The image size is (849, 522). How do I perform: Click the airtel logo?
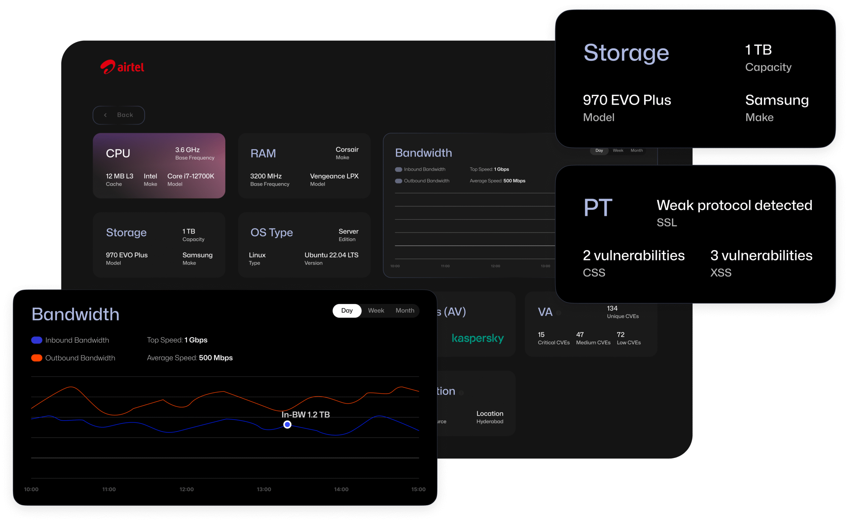[x=122, y=67]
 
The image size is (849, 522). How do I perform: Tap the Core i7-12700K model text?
[x=191, y=176]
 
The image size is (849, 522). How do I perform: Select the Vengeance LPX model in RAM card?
[x=334, y=176]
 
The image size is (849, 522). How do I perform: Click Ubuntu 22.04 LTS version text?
[x=331, y=255]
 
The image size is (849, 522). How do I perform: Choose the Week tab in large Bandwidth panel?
[x=376, y=310]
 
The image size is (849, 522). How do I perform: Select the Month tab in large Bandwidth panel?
[x=405, y=310]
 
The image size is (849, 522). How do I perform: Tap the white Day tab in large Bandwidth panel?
[x=347, y=310]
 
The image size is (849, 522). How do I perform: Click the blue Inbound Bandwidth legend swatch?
[x=36, y=340]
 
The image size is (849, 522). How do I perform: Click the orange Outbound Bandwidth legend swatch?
[x=36, y=358]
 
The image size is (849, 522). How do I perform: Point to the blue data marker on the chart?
[x=287, y=425]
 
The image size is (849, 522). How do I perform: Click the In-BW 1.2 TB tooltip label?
[x=305, y=414]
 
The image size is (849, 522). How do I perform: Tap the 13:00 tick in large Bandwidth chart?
[x=264, y=489]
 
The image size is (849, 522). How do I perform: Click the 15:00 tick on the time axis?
[x=418, y=489]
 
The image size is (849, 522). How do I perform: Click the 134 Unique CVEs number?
[x=612, y=308]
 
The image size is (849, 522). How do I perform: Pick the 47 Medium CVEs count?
[x=580, y=335]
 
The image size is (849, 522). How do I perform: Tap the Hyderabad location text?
[x=490, y=421]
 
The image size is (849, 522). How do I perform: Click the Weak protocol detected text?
[x=734, y=205]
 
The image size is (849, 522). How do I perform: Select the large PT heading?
[x=598, y=207]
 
